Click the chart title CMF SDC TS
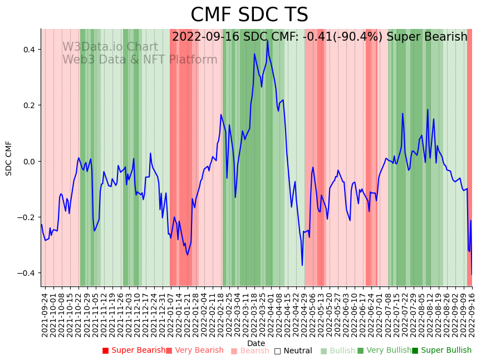(x=249, y=15)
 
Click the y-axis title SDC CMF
(x=9, y=158)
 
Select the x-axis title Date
(x=256, y=343)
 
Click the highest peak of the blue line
(x=267, y=40)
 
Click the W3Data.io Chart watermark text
(x=110, y=47)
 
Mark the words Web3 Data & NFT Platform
(x=140, y=60)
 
